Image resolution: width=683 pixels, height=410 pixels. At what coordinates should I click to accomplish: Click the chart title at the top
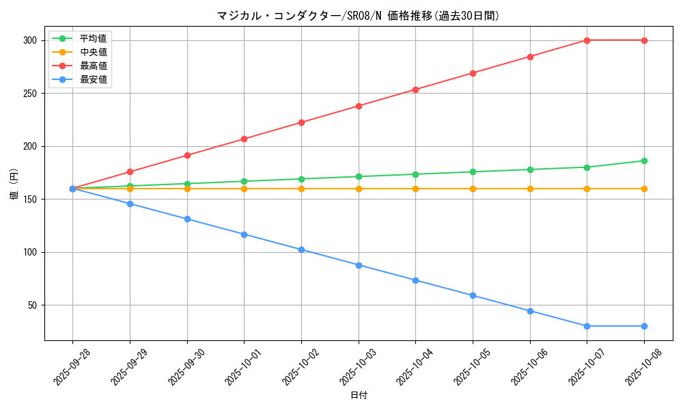point(358,16)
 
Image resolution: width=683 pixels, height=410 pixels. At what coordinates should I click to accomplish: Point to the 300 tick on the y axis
point(29,40)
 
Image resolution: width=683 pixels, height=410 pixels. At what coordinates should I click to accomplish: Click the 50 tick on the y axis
point(32,305)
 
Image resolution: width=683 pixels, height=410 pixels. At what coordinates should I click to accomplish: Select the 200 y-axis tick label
point(29,146)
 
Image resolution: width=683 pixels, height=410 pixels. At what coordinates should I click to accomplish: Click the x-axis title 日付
point(359,396)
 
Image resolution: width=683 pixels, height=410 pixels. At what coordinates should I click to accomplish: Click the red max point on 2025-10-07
point(587,40)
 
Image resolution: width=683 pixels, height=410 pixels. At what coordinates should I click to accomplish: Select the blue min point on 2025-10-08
point(644,326)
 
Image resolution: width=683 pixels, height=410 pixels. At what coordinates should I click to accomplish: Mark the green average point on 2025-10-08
point(644,161)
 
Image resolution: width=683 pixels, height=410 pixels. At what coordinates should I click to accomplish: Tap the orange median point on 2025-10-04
point(415,189)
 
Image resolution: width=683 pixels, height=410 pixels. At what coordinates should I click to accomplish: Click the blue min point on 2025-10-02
point(301,249)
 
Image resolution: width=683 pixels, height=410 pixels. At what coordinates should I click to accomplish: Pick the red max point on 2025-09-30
point(187,155)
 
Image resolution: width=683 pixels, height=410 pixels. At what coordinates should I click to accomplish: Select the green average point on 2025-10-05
point(473,172)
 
